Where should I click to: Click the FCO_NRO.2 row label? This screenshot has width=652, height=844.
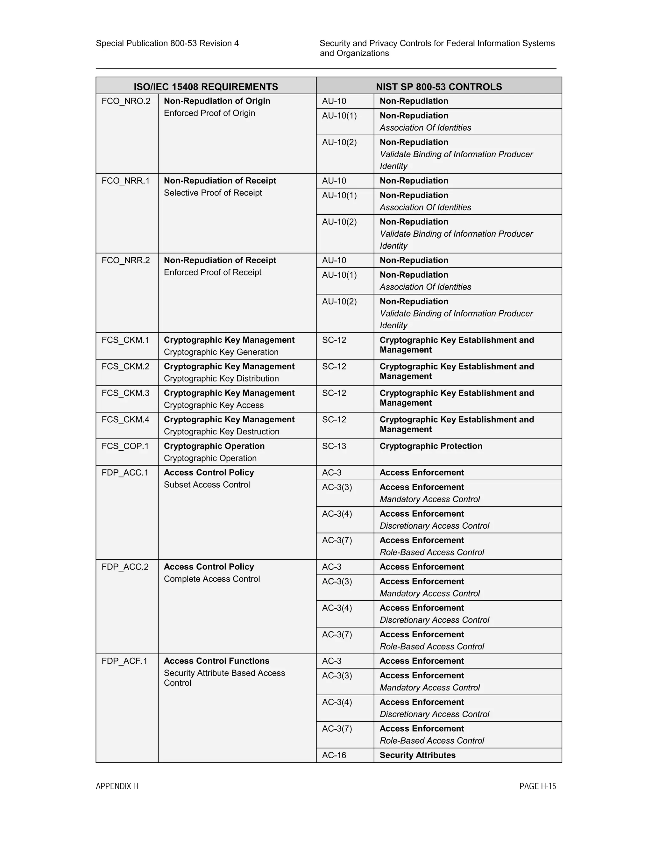pos(126,101)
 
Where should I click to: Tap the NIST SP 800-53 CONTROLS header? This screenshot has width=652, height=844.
pos(439,87)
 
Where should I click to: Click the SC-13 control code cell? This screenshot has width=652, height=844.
pos(334,446)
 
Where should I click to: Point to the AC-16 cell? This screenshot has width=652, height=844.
pos(334,755)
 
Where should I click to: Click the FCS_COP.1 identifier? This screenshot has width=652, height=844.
pos(125,446)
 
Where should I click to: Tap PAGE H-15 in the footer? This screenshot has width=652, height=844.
pos(537,786)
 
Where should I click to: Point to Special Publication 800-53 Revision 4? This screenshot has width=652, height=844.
pos(167,43)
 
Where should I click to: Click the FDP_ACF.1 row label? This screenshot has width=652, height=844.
pos(124,661)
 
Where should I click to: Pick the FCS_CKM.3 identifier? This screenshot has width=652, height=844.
pos(125,393)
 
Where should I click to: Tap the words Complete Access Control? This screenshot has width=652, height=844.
pos(212,579)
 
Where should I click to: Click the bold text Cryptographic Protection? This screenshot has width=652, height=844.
pos(431,446)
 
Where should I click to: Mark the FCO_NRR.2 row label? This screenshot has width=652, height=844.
pos(125,261)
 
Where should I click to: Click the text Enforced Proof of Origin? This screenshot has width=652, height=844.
pos(209,113)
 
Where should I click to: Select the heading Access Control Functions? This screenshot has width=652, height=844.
pos(216,661)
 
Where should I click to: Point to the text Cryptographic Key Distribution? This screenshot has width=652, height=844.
pos(221,379)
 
